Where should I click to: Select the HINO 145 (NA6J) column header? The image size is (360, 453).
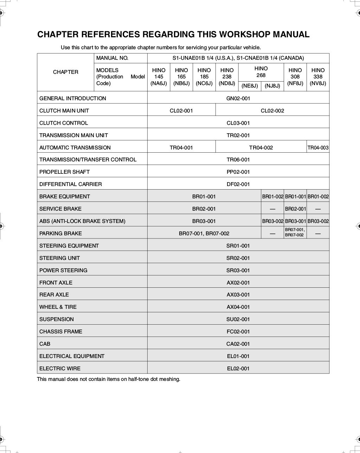tap(159, 77)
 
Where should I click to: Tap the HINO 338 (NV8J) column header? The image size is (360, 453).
tap(318, 77)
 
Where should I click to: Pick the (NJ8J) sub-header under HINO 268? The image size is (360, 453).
tap(272, 86)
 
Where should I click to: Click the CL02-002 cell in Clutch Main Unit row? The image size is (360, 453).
tap(272, 110)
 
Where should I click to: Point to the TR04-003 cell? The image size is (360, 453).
tap(318, 148)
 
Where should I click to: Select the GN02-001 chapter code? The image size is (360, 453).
tap(238, 98)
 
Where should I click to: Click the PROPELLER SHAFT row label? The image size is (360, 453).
tap(64, 172)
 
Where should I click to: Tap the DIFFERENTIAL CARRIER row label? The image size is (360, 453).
tap(70, 184)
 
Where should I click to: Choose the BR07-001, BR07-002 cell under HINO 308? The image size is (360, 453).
tap(295, 232)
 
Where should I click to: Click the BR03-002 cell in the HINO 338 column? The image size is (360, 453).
tap(318, 221)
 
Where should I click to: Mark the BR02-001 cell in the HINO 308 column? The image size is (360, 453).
tap(295, 209)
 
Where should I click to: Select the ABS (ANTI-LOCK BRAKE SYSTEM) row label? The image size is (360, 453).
tap(82, 221)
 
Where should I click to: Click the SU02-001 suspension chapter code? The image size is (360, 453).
tap(238, 319)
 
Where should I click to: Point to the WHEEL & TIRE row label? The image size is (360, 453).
tap(58, 307)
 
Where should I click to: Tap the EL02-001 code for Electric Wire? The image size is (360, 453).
tap(238, 369)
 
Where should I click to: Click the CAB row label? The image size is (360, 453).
tap(45, 344)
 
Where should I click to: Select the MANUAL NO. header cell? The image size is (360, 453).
tap(112, 58)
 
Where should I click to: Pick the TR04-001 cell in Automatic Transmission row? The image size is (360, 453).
tap(181, 148)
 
